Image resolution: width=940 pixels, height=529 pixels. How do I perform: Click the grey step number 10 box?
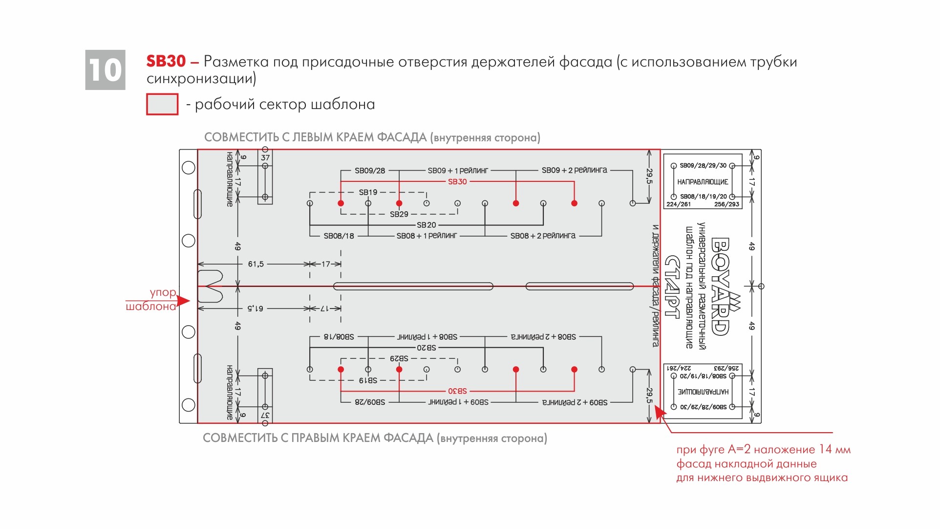(105, 70)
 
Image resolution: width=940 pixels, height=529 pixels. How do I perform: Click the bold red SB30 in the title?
(166, 62)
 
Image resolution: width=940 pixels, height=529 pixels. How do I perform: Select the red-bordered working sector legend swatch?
(162, 104)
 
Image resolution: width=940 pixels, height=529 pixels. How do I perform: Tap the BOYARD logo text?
(720, 287)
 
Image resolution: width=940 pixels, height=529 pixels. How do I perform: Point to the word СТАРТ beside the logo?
(673, 287)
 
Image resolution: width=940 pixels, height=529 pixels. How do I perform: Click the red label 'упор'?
(163, 292)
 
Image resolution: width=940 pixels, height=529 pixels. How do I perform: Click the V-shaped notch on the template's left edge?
(210, 286)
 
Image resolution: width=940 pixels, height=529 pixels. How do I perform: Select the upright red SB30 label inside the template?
(457, 182)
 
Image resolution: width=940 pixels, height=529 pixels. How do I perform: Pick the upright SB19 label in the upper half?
(368, 192)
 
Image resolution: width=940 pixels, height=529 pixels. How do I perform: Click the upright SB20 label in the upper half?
(426, 225)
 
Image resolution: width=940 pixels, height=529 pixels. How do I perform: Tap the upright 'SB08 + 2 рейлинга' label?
(543, 236)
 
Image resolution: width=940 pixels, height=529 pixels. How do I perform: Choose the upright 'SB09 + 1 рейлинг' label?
(458, 171)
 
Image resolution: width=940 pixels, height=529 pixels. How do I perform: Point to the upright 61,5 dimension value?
(256, 264)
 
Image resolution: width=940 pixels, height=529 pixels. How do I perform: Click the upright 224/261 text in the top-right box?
(678, 204)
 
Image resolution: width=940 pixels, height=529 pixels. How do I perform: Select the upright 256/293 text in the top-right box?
(726, 204)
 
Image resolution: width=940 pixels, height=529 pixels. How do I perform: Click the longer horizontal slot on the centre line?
(413, 286)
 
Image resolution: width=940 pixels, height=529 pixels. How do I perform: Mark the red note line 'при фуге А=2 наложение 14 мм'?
(763, 450)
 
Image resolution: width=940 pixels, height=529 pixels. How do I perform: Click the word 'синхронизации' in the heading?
(201, 78)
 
